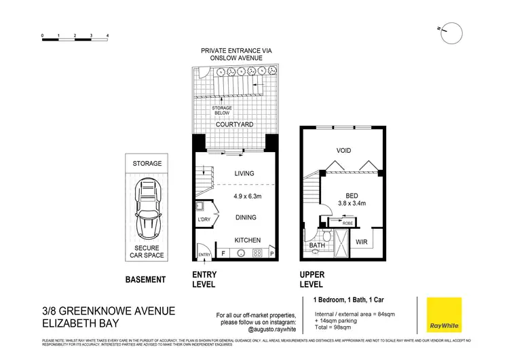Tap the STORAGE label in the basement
click(147, 164)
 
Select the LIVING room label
click(244, 173)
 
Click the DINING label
click(245, 217)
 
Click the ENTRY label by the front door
click(204, 255)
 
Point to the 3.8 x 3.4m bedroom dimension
click(353, 202)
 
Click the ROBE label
click(347, 223)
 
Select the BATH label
click(318, 245)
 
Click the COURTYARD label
click(235, 125)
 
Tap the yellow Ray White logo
click(443, 315)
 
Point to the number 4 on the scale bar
click(108, 34)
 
